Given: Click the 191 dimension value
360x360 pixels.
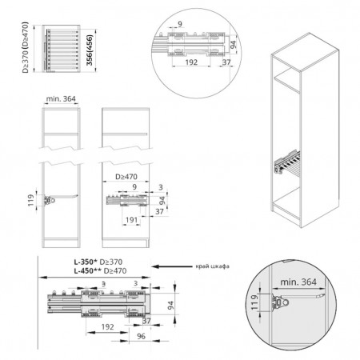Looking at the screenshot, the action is [131, 220].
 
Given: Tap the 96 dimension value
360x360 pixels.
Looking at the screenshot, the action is [141, 336].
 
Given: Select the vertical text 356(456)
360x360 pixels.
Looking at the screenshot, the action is [90, 50].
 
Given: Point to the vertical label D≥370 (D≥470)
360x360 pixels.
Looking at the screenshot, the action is [25, 47].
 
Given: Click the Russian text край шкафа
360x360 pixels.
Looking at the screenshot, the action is [213, 266].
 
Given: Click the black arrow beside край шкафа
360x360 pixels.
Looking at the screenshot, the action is [172, 266].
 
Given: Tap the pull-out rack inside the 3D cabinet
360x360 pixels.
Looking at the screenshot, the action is [287, 162].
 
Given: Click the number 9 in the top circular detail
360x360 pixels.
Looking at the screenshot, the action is [180, 24].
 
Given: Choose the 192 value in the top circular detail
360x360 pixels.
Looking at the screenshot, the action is [191, 62].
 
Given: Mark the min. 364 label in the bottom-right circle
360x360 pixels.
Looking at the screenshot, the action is [298, 282].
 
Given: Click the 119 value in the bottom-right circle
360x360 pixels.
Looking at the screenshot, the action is [254, 302].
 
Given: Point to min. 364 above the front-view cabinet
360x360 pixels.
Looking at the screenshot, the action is [61, 98].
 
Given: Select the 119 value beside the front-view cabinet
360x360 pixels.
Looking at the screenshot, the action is [31, 200].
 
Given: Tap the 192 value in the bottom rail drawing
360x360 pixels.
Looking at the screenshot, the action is [107, 327].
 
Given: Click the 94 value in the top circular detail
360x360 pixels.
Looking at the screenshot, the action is [233, 44].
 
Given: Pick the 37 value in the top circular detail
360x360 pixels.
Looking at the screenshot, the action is [226, 62].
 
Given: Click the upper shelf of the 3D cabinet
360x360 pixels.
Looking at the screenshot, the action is [287, 80].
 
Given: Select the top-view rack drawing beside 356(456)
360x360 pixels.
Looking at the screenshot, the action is [61, 49].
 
